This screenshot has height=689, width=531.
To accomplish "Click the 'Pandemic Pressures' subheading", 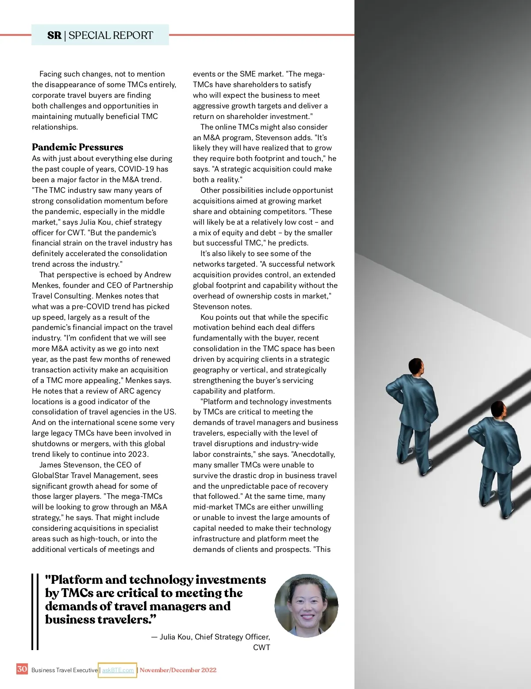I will point(77,147).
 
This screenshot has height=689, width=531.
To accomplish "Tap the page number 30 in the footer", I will point(22,669).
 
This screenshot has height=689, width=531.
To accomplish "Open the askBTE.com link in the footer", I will point(118,670).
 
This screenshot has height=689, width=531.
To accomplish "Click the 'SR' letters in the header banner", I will point(54,35).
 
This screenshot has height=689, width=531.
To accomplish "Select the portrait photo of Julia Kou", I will point(306,606).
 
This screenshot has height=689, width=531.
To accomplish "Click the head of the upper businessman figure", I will point(416,366).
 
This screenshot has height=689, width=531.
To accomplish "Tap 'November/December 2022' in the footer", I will point(178,670).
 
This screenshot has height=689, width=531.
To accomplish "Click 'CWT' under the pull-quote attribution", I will point(262,647).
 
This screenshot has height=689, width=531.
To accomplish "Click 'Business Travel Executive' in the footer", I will point(65,670).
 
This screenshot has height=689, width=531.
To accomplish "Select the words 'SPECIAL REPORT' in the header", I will point(111,35).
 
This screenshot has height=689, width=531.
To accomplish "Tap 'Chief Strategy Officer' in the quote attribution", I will point(231,637).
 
